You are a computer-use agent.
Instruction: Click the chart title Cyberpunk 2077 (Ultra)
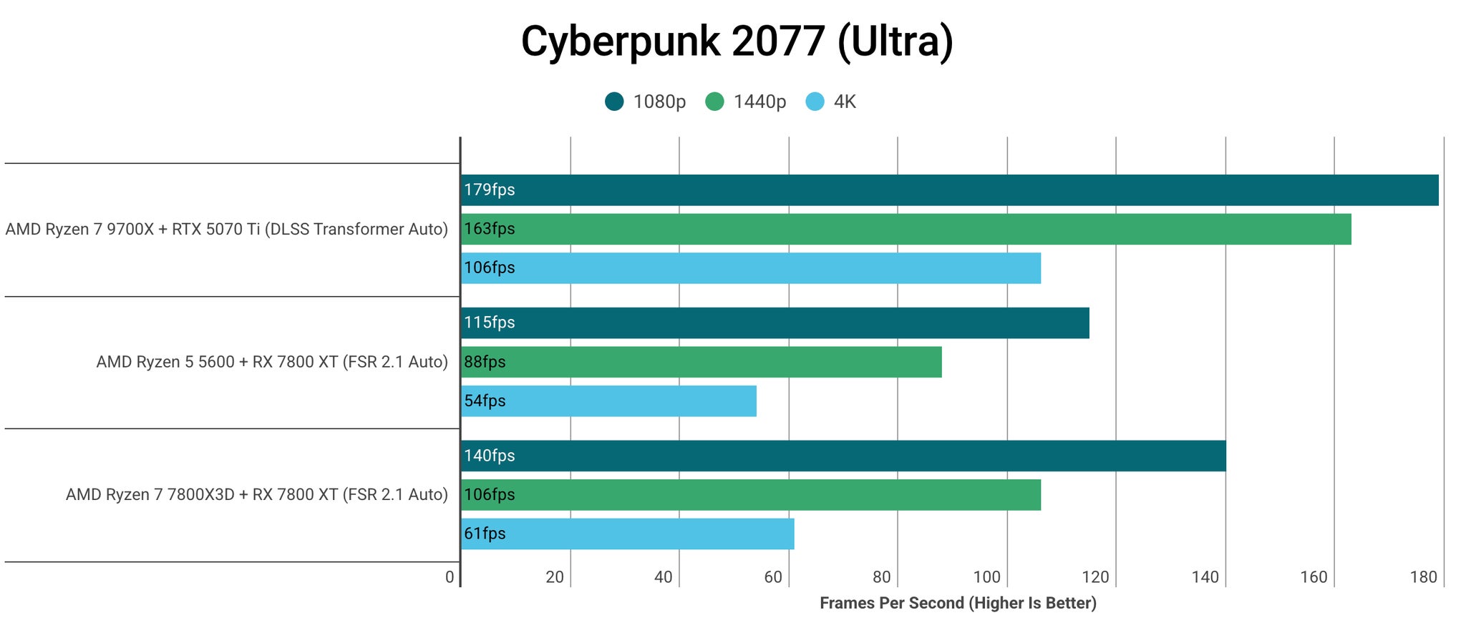click(x=737, y=41)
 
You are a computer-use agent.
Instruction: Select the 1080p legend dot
click(x=614, y=102)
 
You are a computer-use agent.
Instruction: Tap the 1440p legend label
click(x=759, y=102)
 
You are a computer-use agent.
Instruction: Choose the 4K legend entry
click(x=844, y=102)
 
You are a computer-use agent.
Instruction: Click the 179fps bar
click(x=949, y=190)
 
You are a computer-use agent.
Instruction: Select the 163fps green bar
click(x=906, y=229)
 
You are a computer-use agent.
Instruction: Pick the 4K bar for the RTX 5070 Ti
click(x=750, y=268)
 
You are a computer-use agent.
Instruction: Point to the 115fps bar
click(x=775, y=323)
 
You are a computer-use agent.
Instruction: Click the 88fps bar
click(x=701, y=362)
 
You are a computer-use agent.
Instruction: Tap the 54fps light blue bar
click(x=608, y=401)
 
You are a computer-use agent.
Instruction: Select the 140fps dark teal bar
click(x=843, y=456)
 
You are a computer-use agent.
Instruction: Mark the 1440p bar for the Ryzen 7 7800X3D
click(x=750, y=495)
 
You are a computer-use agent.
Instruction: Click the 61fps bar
click(x=627, y=534)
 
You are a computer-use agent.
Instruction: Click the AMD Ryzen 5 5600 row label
click(x=272, y=362)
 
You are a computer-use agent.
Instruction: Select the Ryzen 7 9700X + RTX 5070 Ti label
click(x=226, y=230)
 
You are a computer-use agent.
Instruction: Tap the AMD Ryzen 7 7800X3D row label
click(x=256, y=495)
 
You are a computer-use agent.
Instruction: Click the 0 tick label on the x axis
click(x=450, y=577)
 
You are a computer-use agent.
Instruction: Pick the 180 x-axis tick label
click(x=1423, y=577)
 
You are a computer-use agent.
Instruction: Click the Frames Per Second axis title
click(x=958, y=603)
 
